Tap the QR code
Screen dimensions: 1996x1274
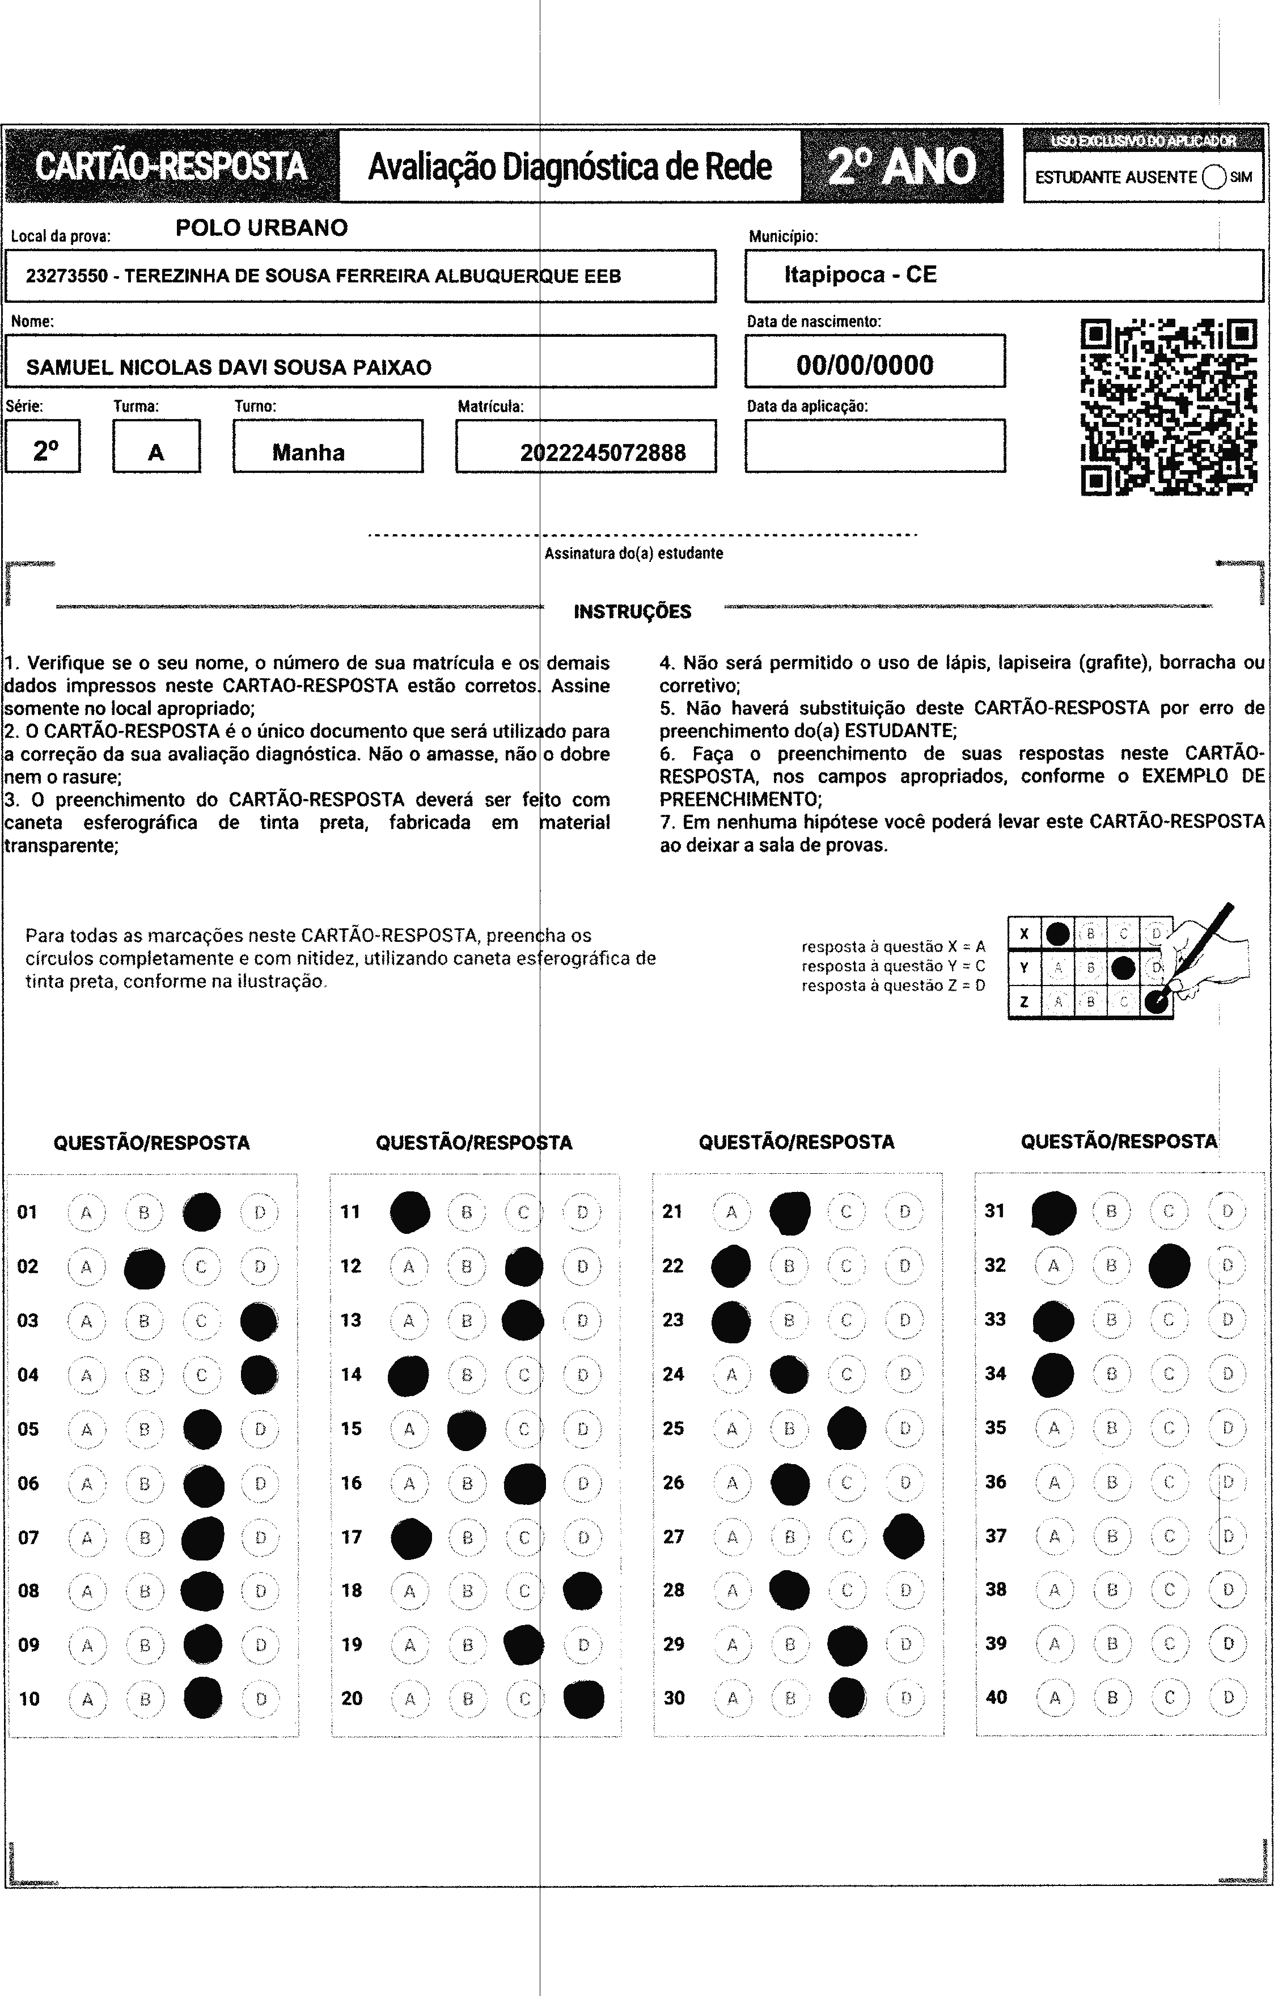pos(1169,407)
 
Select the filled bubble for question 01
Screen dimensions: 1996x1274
pos(201,1212)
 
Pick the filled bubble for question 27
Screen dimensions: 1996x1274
pos(904,1536)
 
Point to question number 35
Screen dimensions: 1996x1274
pos(996,1427)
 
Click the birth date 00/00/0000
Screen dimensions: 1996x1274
pos(865,365)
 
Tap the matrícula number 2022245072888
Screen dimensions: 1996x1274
pos(603,453)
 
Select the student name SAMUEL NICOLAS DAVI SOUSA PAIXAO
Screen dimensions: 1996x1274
pos(228,367)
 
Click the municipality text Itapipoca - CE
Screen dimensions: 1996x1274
pos(860,274)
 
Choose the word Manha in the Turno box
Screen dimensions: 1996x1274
pos(308,453)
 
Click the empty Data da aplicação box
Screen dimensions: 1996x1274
pos(874,446)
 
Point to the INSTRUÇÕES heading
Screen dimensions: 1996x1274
pos(632,612)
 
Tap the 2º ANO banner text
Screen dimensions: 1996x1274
pos(902,166)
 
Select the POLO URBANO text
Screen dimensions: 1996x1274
pos(262,228)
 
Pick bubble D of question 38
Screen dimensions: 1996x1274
pos(1228,1589)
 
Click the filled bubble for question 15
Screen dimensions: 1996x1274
pos(467,1429)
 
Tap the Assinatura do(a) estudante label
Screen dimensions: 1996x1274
pos(633,553)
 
